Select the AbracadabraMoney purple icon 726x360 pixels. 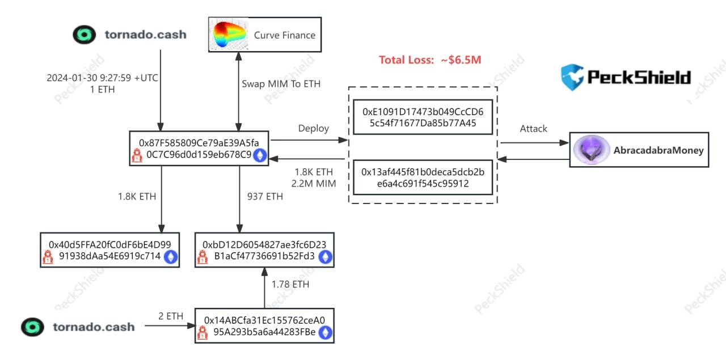click(590, 150)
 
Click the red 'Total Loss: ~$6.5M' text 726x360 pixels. click(430, 60)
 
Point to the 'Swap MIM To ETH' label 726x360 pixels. click(281, 84)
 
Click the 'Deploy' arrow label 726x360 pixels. click(314, 128)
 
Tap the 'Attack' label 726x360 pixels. click(534, 129)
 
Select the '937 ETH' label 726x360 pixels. click(265, 197)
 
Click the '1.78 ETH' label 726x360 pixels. click(290, 284)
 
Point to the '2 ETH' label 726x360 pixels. click(171, 316)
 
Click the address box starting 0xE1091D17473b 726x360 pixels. click(423, 117)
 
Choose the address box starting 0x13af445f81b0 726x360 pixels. click(423, 177)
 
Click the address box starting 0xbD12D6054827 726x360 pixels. click(264, 250)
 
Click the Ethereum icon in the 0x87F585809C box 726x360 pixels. click(260, 155)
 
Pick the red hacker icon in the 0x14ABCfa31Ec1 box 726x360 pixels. click(202, 333)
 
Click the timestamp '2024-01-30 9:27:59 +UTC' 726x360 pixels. click(102, 78)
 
